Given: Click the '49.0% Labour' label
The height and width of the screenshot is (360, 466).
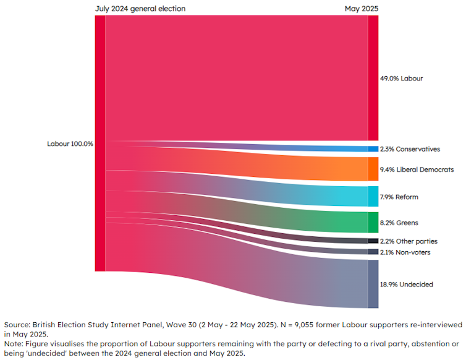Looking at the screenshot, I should [x=402, y=79].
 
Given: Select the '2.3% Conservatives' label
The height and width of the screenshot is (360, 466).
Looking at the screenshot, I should [x=410, y=149].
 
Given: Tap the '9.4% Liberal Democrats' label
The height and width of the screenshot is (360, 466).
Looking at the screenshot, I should [x=417, y=169].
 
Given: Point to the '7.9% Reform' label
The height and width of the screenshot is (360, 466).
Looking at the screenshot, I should [x=399, y=197].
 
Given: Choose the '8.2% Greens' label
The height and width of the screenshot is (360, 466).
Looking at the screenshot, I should [x=399, y=222].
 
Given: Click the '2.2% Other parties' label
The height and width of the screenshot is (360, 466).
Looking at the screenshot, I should [x=409, y=241].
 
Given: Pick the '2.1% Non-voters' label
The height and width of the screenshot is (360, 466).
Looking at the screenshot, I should [x=405, y=252].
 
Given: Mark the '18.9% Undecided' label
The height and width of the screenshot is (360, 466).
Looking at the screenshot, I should [x=406, y=285].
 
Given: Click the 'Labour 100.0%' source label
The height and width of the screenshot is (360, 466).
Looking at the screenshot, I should [x=70, y=144].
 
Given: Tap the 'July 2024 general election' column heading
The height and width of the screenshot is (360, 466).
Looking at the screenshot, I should [x=140, y=9].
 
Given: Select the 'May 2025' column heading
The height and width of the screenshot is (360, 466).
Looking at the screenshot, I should [x=362, y=9].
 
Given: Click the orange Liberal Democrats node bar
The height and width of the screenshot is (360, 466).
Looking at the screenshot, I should [x=373, y=169].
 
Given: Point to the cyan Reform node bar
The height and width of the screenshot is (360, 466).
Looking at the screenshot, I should [x=373, y=197].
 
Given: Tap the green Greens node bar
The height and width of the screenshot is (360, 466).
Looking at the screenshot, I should [x=373, y=222].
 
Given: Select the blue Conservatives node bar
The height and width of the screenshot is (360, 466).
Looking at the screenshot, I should [x=373, y=149].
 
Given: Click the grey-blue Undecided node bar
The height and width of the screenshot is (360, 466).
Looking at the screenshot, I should [x=373, y=284].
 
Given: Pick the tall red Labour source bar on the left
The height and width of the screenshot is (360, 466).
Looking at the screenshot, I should [x=100, y=144].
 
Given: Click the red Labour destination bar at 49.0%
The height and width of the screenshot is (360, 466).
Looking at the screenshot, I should [x=373, y=79].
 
